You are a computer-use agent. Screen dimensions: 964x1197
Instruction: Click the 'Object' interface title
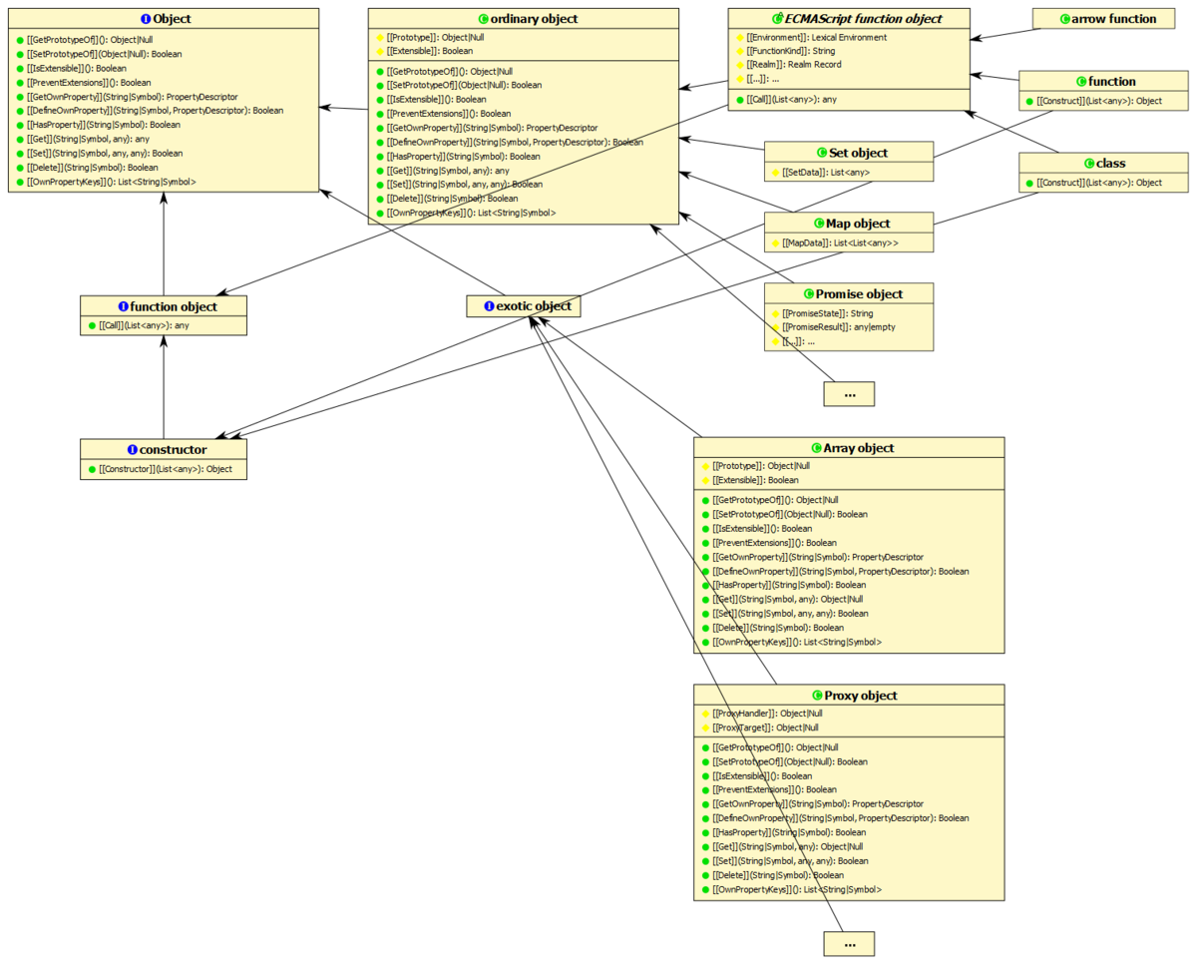(164, 19)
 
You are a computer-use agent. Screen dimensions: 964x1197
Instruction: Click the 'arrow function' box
(1110, 19)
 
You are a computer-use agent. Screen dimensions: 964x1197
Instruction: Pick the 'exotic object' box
(525, 306)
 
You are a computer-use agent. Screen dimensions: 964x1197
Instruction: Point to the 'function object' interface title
(164, 306)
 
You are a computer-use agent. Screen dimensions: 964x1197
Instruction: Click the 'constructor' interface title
(164, 450)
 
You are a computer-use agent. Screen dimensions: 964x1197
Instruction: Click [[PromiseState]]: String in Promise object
(827, 313)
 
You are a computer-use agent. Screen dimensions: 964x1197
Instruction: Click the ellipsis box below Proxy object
(849, 943)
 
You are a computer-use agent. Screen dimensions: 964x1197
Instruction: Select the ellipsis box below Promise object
(849, 394)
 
